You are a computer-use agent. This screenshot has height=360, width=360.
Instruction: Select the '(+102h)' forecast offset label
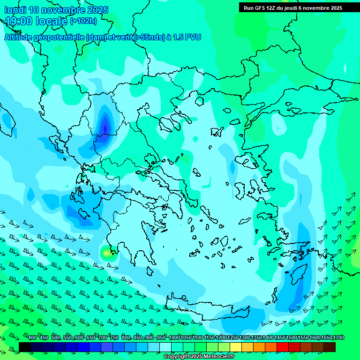83,21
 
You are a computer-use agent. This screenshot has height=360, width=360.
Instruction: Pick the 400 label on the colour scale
32,338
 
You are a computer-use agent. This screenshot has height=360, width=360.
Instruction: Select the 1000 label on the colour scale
174,338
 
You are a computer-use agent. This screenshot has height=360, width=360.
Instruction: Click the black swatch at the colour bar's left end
25,347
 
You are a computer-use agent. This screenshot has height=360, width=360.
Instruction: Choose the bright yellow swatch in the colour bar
236,347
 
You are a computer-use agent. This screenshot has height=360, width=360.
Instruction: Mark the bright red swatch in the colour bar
283,347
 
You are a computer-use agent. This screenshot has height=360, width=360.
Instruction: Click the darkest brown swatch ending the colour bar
330,347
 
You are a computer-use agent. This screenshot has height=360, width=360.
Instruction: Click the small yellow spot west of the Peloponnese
107,253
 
